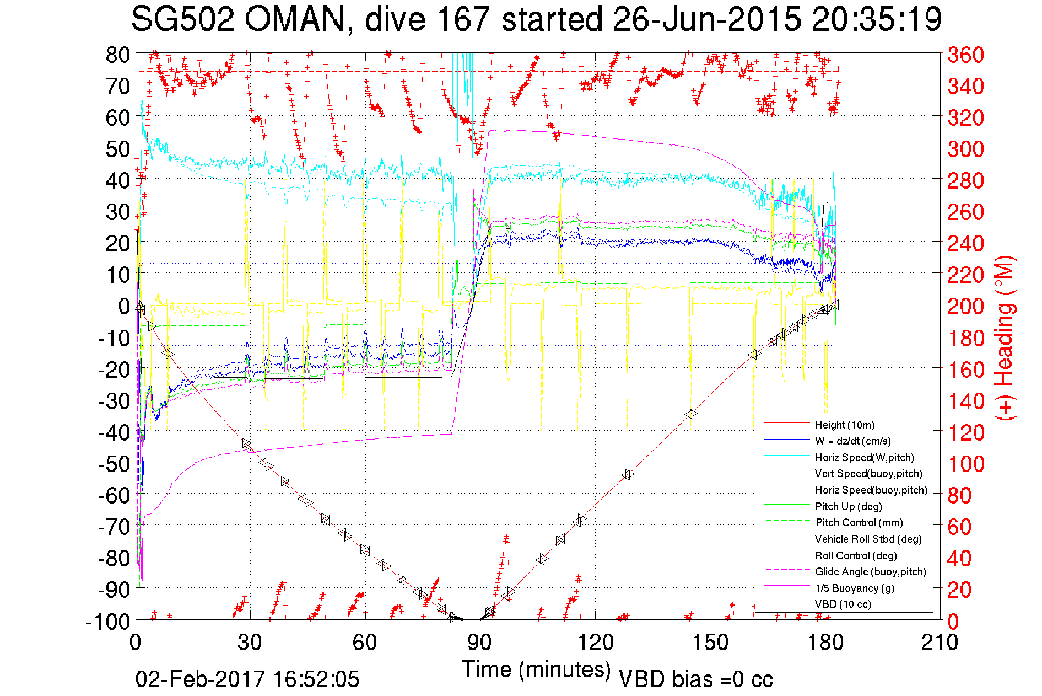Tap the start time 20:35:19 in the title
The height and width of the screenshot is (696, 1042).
pyautogui.click(x=877, y=20)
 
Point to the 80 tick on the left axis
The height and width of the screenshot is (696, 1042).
pyautogui.click(x=118, y=55)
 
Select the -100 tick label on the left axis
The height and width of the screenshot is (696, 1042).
pyautogui.click(x=107, y=622)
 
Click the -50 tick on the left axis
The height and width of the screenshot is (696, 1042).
pyautogui.click(x=114, y=464)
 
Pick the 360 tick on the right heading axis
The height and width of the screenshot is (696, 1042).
pyautogui.click(x=965, y=55)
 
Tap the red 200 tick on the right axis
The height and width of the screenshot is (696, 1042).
pyautogui.click(x=965, y=307)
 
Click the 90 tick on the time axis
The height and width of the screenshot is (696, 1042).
pyautogui.click(x=479, y=643)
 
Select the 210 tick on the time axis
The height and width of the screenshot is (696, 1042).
pyautogui.click(x=940, y=643)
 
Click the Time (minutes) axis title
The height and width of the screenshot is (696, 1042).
pyautogui.click(x=536, y=670)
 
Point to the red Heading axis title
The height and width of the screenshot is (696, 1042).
pyautogui.click(x=1005, y=338)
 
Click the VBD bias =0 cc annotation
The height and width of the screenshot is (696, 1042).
pyautogui.click(x=695, y=679)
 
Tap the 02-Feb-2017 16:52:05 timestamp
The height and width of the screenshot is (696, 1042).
pyautogui.click(x=247, y=679)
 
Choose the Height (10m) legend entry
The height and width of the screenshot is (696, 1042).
pyautogui.click(x=844, y=425)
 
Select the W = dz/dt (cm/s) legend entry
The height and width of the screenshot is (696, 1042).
pyautogui.click(x=852, y=441)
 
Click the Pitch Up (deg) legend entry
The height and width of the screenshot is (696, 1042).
pyautogui.click(x=848, y=506)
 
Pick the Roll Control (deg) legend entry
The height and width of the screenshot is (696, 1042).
pyautogui.click(x=855, y=555)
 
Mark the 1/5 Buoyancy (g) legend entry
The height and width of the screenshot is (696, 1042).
pyautogui.click(x=855, y=588)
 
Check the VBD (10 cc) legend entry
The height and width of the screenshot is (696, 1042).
pyautogui.click(x=843, y=604)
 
